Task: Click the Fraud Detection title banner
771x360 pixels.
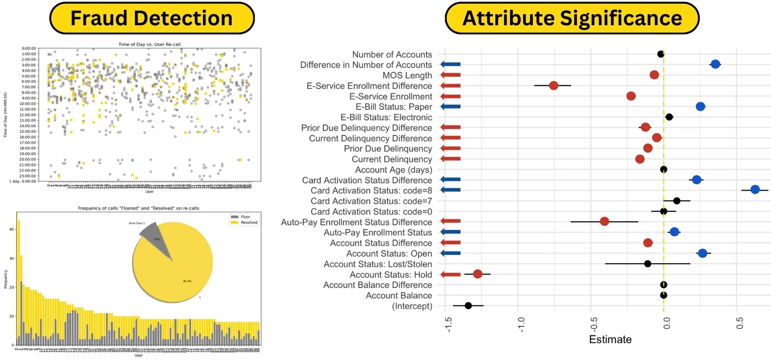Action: tap(152, 18)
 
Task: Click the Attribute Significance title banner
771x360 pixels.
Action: tap(572, 18)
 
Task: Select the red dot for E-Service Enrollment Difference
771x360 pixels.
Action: tap(553, 85)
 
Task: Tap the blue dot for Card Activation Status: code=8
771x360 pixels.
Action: tap(755, 189)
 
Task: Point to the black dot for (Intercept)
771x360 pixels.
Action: tap(468, 306)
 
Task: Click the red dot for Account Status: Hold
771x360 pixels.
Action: tap(478, 274)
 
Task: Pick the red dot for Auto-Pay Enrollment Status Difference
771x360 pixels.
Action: tap(604, 221)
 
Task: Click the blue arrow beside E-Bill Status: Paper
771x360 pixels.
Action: tap(451, 106)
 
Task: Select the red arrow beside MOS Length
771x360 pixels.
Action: tap(451, 75)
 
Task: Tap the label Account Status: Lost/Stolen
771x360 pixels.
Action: tap(378, 264)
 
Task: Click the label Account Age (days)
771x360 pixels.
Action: tap(394, 170)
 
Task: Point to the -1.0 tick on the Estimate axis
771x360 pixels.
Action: tap(521, 324)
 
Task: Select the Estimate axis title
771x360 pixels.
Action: tap(610, 339)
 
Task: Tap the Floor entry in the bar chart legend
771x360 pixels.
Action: tap(245, 217)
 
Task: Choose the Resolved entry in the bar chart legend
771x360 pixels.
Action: tap(249, 222)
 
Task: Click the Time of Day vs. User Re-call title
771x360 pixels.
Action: tap(149, 44)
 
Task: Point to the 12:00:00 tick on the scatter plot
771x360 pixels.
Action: tap(29, 115)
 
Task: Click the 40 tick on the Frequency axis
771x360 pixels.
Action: tap(12, 229)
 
